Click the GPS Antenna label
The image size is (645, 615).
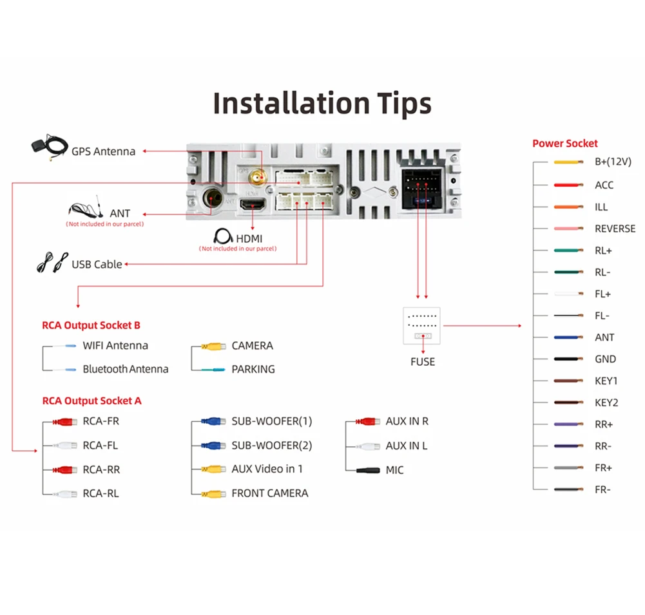tap(103, 151)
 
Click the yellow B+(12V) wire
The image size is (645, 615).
tap(569, 162)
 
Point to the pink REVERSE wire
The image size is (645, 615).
tap(569, 229)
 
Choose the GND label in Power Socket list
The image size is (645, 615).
tap(605, 359)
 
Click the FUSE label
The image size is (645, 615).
tap(423, 362)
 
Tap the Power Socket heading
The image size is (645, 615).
tap(564, 144)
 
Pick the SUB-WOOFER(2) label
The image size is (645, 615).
tap(271, 446)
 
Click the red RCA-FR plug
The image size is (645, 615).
tap(65, 422)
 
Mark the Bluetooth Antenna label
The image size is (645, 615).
tap(125, 370)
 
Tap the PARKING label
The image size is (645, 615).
tap(253, 370)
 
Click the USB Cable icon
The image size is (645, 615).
tap(52, 263)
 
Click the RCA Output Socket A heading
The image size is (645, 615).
tap(91, 401)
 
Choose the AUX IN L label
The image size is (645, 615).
tap(406, 446)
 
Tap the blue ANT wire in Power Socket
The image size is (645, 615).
tap(569, 337)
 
